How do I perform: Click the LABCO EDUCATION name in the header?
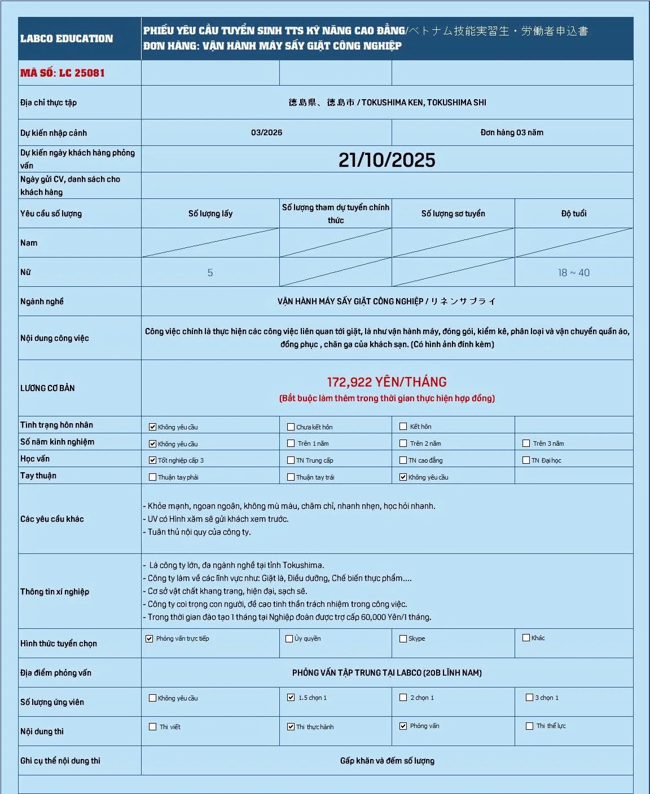[67, 38]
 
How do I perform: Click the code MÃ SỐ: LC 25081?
[63, 73]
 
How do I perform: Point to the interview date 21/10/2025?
[387, 160]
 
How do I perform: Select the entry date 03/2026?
[266, 132]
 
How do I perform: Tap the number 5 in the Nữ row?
[210, 273]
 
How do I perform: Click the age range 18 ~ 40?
[573, 273]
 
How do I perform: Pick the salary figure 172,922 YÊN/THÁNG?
[387, 382]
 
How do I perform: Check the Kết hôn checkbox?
[403, 427]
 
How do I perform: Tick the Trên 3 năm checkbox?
[526, 443]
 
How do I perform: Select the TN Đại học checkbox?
[526, 460]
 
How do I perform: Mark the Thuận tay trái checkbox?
[291, 477]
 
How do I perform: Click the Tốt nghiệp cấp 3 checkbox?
[152, 460]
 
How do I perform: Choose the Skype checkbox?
[403, 638]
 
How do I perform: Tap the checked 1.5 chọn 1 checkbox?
[291, 698]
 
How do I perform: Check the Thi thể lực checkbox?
[530, 726]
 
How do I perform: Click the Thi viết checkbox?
[152, 727]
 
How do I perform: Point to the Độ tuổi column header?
[573, 214]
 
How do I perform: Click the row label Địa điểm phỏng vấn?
[56, 673]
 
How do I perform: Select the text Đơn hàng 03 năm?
[512, 132]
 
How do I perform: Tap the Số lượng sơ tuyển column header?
[453, 214]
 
